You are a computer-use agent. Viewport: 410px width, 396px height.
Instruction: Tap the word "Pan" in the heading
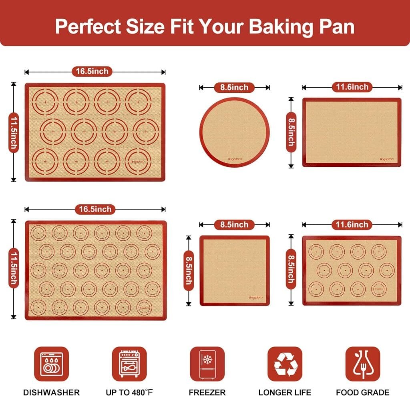[x=336, y=26]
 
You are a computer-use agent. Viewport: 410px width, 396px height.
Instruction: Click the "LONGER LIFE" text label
[x=285, y=392]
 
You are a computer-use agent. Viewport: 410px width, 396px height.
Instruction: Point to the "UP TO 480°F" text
[x=129, y=392]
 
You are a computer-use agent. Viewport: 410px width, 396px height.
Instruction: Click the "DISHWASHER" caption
[x=51, y=392]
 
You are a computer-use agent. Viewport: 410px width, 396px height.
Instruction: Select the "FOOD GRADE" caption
[x=363, y=392]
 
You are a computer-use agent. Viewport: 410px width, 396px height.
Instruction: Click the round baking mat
[x=235, y=132]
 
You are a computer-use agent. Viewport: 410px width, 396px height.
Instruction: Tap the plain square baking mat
[x=235, y=270]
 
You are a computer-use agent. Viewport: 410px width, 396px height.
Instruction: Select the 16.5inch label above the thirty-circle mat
[x=94, y=209]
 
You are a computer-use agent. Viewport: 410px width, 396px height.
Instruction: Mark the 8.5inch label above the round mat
[x=234, y=87]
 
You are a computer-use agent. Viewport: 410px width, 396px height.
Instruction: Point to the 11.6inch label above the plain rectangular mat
[x=352, y=87]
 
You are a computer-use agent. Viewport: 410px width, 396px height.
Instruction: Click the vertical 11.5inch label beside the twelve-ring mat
[x=14, y=132]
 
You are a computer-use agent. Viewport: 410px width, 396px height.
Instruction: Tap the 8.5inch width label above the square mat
[x=234, y=225]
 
